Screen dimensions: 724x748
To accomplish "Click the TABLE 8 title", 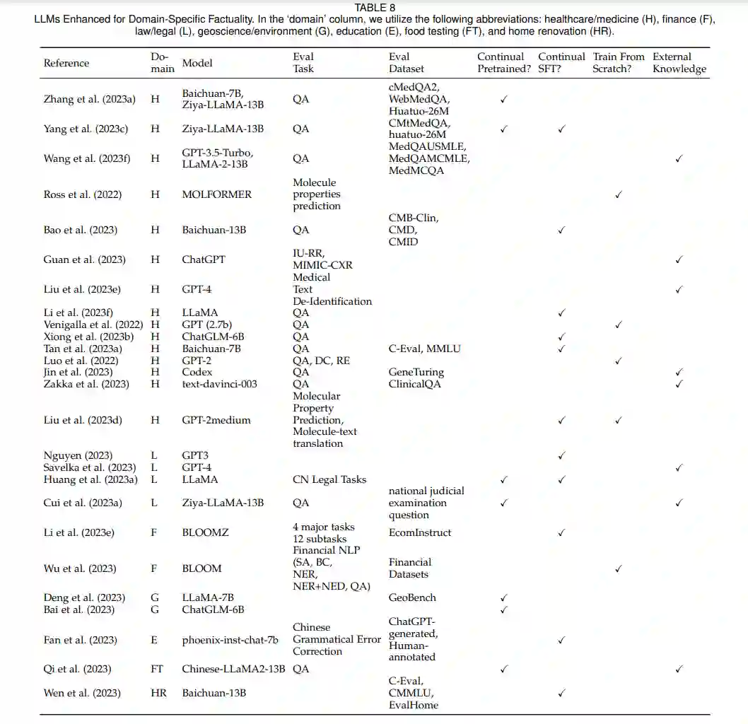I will [375, 8].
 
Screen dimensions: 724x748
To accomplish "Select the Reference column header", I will [66, 63].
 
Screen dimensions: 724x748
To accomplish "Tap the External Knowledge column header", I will [679, 63].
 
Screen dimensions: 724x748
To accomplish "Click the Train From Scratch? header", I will [619, 63].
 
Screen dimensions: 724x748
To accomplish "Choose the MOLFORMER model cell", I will [216, 194].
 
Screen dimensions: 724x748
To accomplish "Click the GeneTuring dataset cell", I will [416, 372].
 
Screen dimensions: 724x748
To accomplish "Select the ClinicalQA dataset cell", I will [414, 384].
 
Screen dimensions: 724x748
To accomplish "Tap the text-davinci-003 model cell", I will [219, 384].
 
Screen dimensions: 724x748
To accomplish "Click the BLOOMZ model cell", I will [205, 532].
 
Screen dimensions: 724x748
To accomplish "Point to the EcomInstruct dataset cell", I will [420, 532].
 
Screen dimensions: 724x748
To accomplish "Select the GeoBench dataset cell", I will [412, 597].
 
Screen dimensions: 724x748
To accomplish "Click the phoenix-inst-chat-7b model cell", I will [230, 640].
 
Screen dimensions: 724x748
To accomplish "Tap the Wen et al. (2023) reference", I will [82, 693].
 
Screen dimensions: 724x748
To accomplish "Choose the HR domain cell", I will [159, 693].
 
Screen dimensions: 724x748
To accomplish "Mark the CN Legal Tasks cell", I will [329, 479].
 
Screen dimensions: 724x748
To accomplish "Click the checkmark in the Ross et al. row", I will [618, 194].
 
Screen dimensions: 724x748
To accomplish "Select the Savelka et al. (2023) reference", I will [90, 467].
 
